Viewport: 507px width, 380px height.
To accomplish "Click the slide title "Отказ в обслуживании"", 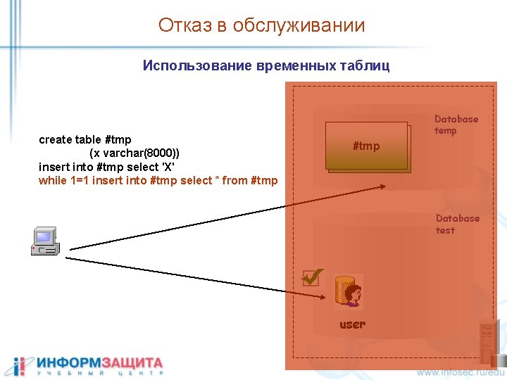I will coord(261,26).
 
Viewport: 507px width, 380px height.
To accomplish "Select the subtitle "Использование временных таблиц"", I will coord(265,65).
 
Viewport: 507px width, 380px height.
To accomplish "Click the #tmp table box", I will coord(366,146).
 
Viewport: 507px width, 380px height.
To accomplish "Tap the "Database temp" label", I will coord(456,125).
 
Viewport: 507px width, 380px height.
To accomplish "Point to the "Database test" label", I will coord(457,224).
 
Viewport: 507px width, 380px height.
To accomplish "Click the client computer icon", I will coord(46,241).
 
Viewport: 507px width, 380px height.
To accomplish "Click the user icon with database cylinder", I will coord(349,291).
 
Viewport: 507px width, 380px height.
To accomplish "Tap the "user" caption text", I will coord(352,324).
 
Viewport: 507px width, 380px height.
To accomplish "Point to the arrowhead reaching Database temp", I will coord(381,186).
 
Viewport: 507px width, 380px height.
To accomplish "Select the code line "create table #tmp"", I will coord(84,139).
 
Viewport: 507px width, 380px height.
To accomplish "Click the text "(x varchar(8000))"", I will coord(134,153).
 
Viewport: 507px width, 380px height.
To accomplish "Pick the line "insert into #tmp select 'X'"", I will coord(106,167).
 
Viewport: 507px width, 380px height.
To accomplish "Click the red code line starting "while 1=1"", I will coord(158,181).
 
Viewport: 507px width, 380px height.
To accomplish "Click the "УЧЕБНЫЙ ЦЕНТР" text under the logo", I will coord(99,373).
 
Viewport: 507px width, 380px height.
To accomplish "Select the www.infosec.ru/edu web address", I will coord(461,371).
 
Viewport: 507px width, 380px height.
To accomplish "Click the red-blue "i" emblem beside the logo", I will coord(19,366).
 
